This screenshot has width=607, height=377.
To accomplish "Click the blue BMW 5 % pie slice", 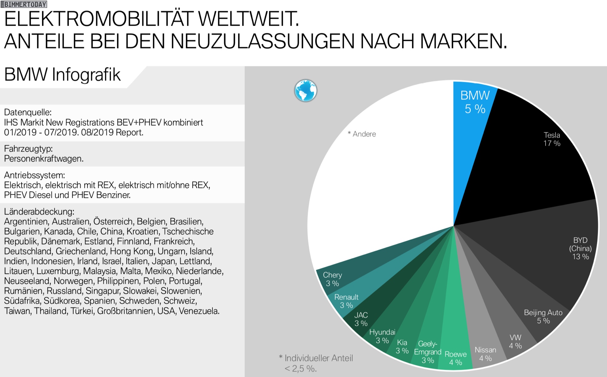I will pyautogui.click(x=471, y=126).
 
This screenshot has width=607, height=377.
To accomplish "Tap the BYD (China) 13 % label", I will pyautogui.click(x=580, y=248).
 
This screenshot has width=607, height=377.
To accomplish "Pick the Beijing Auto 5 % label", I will pyautogui.click(x=543, y=317).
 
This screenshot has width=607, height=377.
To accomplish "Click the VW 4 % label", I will pyautogui.click(x=515, y=342).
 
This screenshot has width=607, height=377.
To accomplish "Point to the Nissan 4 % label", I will pyautogui.click(x=485, y=354).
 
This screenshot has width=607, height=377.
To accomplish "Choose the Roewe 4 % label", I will pyautogui.click(x=456, y=358).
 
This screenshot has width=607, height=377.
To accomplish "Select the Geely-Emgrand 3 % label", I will pyautogui.click(x=428, y=352).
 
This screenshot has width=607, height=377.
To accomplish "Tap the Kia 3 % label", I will pyautogui.click(x=402, y=347).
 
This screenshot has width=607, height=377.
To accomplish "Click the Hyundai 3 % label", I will pyautogui.click(x=382, y=336).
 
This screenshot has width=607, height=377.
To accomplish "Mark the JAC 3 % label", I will pyautogui.click(x=361, y=319).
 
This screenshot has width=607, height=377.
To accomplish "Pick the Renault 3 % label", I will pyautogui.click(x=346, y=301).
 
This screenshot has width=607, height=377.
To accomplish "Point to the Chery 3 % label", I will pyautogui.click(x=332, y=279).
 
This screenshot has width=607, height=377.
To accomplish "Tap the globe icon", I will pyautogui.click(x=305, y=91).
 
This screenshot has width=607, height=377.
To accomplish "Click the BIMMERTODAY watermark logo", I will pyautogui.click(x=24, y=4).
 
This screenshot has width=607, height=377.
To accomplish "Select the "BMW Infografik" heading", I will pyautogui.click(x=62, y=75).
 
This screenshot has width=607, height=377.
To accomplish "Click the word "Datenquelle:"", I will pyautogui.click(x=28, y=112).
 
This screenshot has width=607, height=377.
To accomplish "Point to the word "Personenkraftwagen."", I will pyautogui.click(x=44, y=159).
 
